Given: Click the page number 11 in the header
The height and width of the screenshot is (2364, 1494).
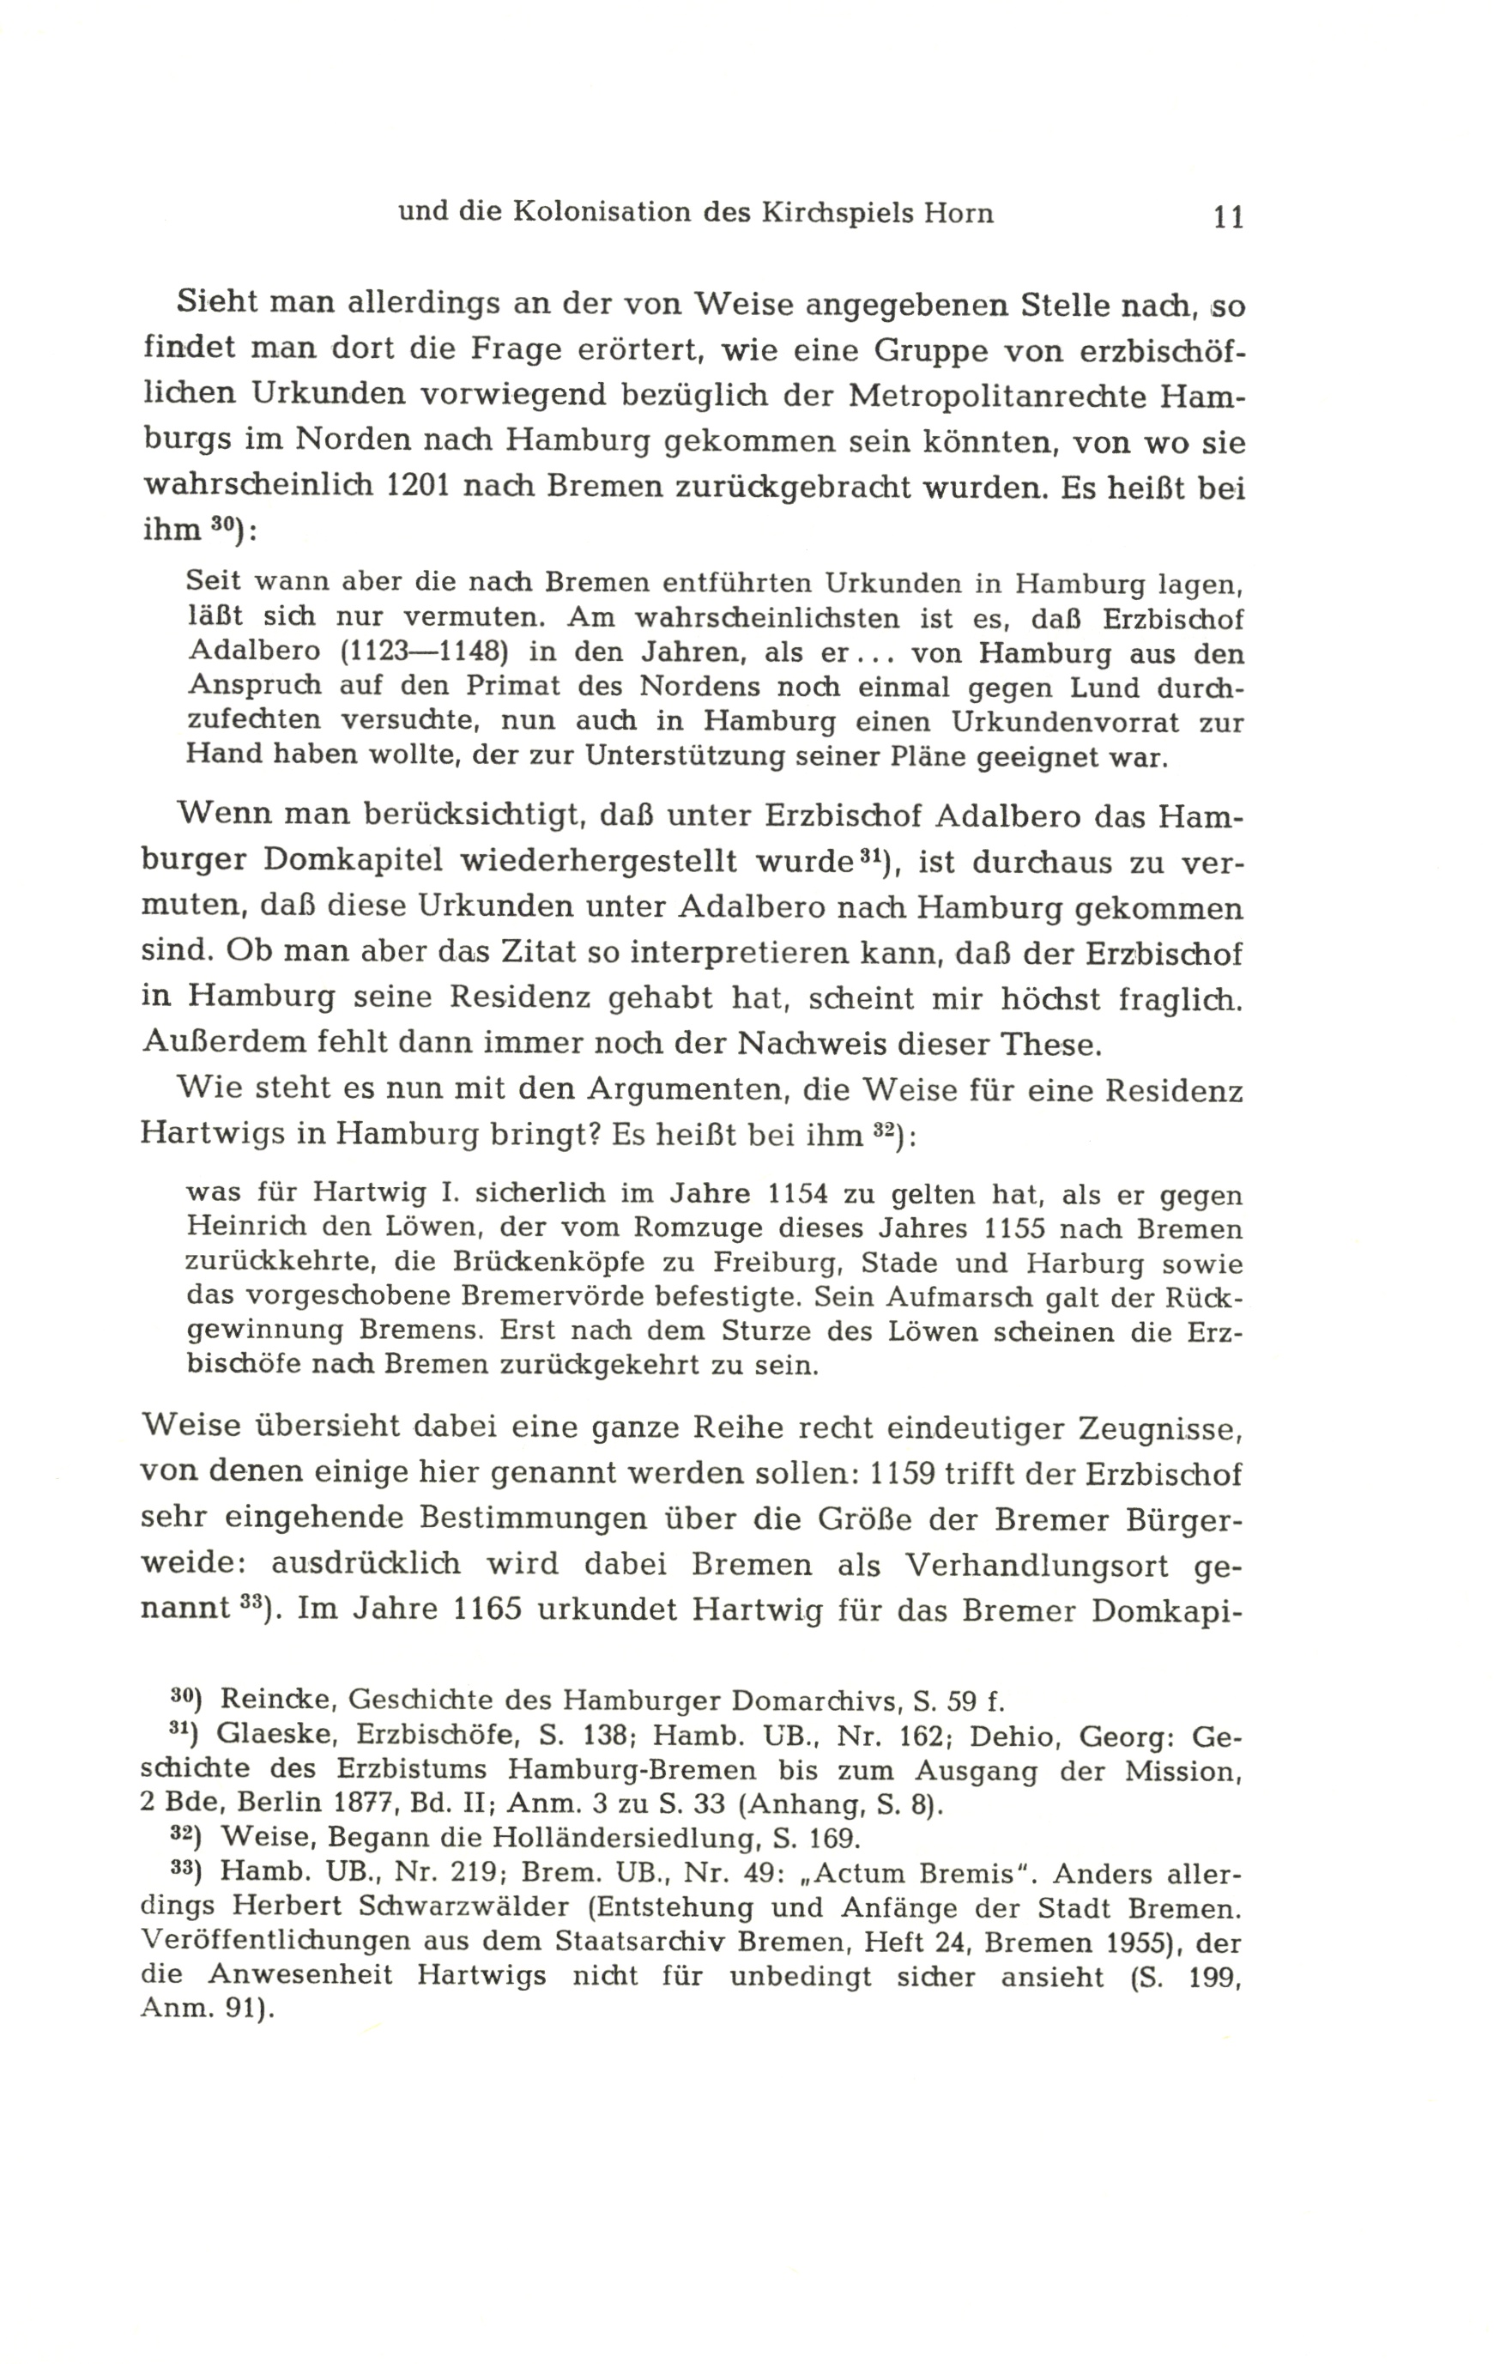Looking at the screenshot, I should [x=1228, y=216].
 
